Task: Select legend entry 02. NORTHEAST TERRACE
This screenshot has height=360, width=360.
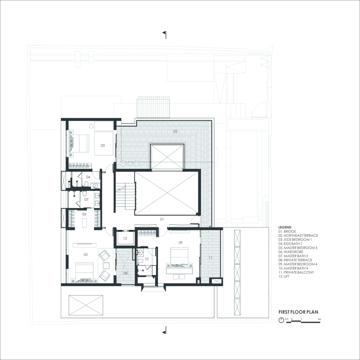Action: click(298, 235)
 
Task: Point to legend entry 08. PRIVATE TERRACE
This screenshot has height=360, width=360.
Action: click(296, 260)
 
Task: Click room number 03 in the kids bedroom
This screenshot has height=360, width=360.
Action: click(103, 145)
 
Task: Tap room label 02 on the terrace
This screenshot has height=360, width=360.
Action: click(175, 131)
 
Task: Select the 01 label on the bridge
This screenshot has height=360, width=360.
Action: click(162, 219)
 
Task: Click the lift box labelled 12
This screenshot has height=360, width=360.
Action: click(125, 238)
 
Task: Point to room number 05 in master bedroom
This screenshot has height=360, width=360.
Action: click(86, 255)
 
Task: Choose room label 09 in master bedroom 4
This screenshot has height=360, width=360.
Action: click(181, 243)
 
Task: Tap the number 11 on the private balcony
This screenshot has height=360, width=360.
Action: click(210, 258)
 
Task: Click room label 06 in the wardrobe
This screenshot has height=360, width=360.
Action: click(84, 214)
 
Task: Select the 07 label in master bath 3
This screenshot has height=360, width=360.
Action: click(86, 199)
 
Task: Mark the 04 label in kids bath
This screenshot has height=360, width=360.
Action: click(88, 177)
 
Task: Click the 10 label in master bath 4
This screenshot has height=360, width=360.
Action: click(147, 258)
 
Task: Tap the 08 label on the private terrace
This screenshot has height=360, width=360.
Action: click(125, 273)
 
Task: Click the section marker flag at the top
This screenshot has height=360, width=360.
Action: click(164, 34)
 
